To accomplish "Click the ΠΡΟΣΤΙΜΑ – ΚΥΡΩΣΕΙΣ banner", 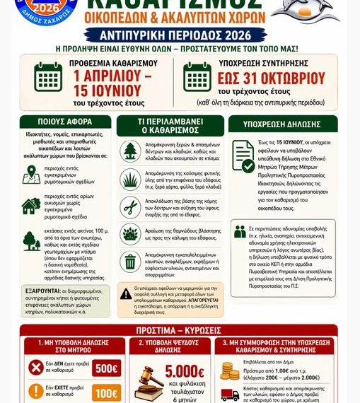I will pos(180,329).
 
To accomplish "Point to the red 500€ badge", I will pos(106,368).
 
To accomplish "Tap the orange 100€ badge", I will pos(106,393).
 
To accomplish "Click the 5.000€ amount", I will pos(185,372).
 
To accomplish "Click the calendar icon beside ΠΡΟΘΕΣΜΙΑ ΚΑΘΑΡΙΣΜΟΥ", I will pos(49,76).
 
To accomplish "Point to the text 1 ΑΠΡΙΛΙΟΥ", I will pos(108,76).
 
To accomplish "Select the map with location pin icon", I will pos(31,173).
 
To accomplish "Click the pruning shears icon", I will pos(131,206).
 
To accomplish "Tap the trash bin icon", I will pos(131,262).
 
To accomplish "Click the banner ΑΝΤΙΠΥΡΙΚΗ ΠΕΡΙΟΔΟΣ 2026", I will pos(180,33).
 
